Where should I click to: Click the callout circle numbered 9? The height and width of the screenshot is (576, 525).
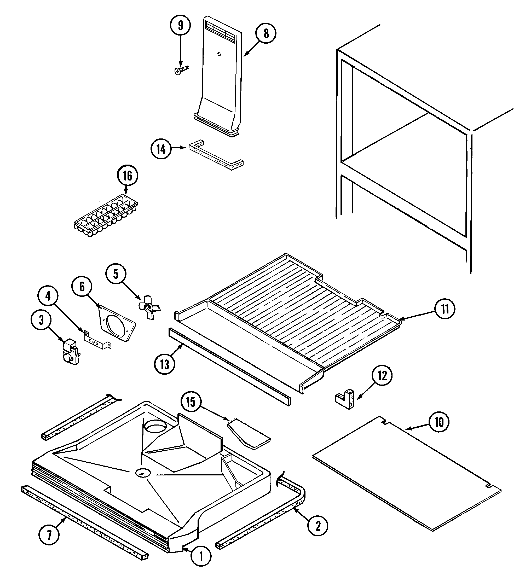(x=180, y=25)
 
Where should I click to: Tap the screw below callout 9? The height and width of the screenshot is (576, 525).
(x=181, y=70)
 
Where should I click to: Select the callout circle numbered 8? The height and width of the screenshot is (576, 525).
(x=266, y=33)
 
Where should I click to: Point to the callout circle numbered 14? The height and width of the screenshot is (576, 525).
(x=161, y=149)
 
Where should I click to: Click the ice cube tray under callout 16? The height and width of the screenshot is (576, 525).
(x=106, y=217)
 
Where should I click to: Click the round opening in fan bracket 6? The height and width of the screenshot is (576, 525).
(x=116, y=326)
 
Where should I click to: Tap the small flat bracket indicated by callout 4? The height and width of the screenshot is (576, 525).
(x=97, y=341)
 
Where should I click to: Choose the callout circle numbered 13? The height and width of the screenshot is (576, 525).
(x=164, y=364)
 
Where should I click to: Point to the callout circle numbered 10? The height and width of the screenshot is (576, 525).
(x=439, y=422)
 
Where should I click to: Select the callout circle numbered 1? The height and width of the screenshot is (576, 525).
(x=201, y=556)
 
